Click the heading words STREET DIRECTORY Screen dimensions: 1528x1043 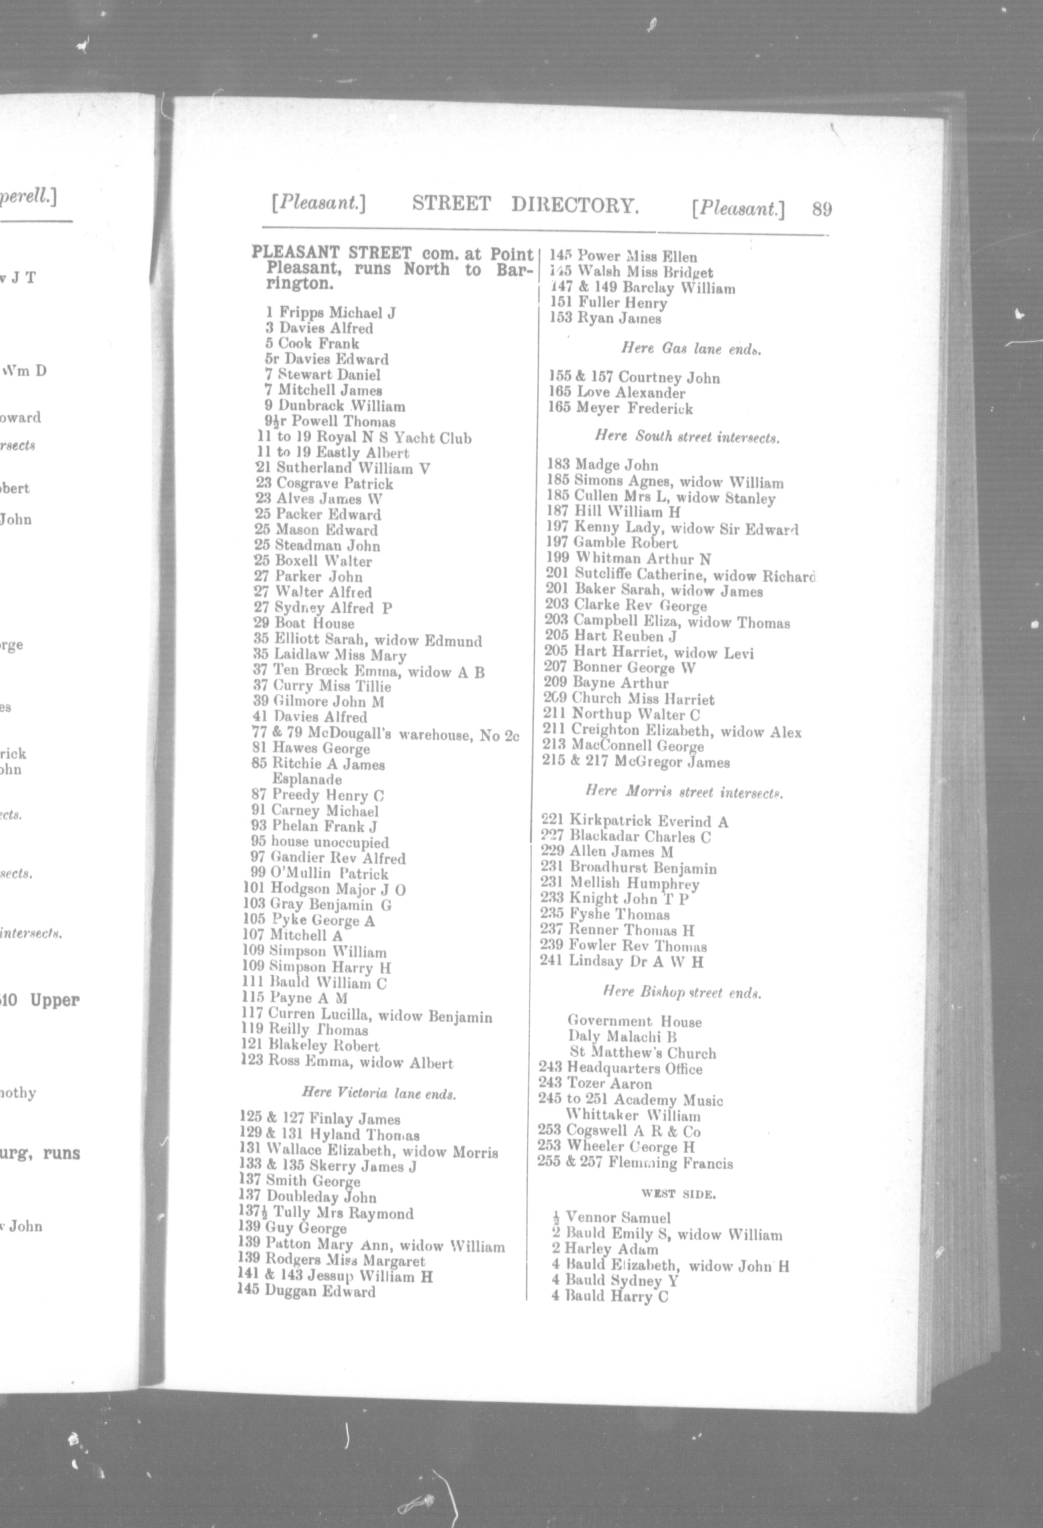[x=525, y=205]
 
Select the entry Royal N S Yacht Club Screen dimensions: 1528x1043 [x=393, y=438]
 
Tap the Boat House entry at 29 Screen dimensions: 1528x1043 [x=315, y=623]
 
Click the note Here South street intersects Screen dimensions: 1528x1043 [x=687, y=436]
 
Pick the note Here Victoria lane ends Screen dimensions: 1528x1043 [x=379, y=1093]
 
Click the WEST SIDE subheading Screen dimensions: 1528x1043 [x=679, y=1194]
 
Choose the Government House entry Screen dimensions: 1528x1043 [x=634, y=1021]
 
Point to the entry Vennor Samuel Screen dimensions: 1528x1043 [x=617, y=1217]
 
